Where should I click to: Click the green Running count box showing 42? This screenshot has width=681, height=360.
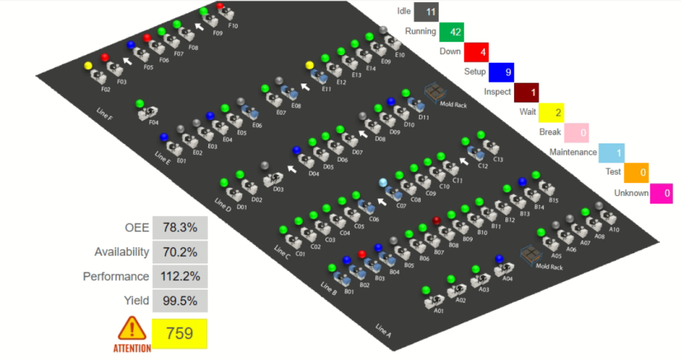451,32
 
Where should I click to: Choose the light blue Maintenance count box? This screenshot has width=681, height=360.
611,153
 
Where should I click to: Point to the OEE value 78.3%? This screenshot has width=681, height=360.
180,228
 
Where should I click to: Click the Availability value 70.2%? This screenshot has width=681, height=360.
180,252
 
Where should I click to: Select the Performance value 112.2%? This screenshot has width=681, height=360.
180,277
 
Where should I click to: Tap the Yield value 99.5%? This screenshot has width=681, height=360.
180,301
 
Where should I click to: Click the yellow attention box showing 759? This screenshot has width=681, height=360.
179,334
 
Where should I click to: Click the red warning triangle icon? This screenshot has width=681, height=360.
132,329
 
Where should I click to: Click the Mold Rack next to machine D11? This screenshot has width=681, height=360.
436,91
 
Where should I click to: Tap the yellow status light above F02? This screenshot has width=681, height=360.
89,66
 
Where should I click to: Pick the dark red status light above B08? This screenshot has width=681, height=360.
437,220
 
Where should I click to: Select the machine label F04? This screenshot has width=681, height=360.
154,122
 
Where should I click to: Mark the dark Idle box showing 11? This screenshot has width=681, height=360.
426,12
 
